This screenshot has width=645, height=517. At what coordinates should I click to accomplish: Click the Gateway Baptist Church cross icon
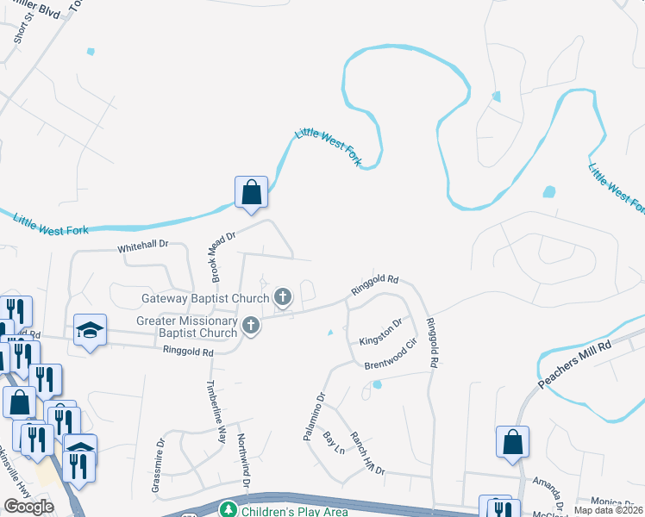[x=282, y=298]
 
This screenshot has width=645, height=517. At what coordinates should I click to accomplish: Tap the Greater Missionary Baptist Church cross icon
[x=251, y=325]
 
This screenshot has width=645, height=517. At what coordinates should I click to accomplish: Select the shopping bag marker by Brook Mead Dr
[x=251, y=191]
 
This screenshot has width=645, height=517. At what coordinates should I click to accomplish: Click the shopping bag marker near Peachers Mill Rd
[x=512, y=441]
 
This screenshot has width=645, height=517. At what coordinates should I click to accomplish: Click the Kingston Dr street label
[x=381, y=329]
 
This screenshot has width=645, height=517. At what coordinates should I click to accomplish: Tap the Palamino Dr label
[x=313, y=417]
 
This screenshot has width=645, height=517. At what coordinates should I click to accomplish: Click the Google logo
[x=28, y=506]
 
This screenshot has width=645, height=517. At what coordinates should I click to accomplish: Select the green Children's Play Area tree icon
[x=228, y=510]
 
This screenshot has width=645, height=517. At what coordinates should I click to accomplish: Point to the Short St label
[x=19, y=28]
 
